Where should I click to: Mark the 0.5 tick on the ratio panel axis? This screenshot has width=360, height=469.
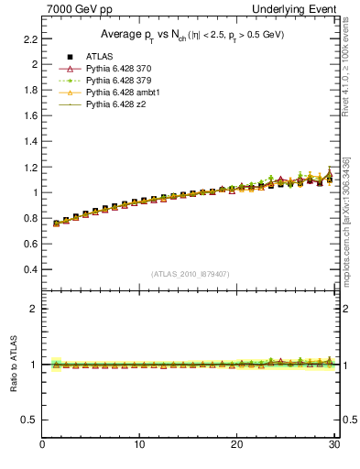point(30,420)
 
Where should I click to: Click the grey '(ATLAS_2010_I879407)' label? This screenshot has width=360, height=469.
point(191,274)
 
